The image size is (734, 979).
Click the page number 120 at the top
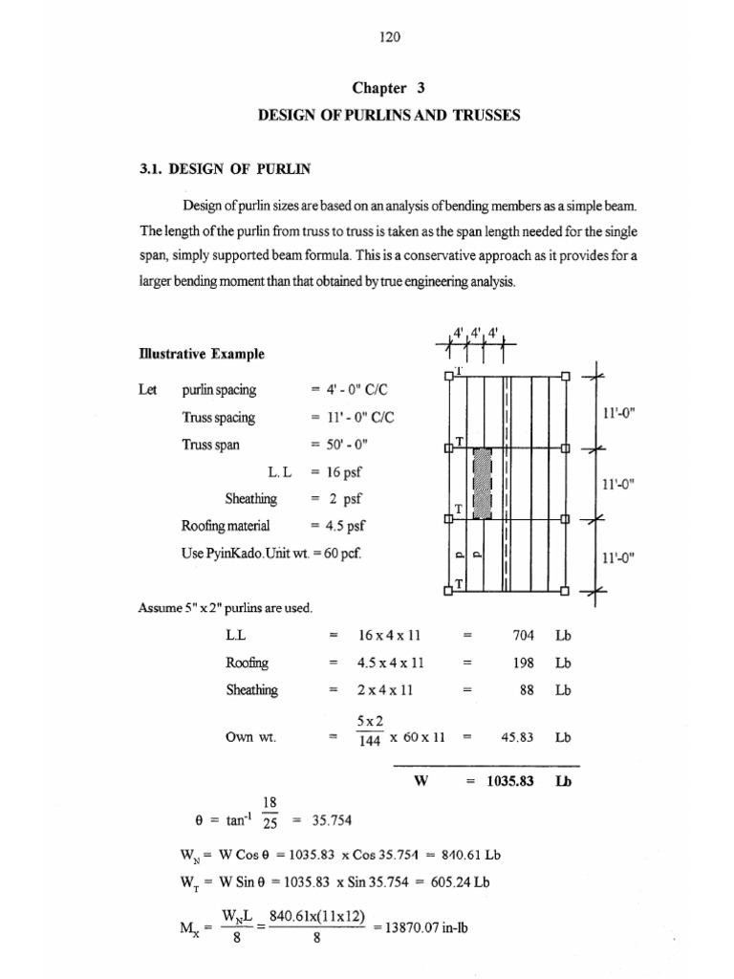coord(389,38)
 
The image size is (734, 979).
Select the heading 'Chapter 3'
coord(388,88)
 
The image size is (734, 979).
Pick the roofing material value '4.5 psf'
coord(347,525)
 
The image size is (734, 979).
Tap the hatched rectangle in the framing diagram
coord(484,483)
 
